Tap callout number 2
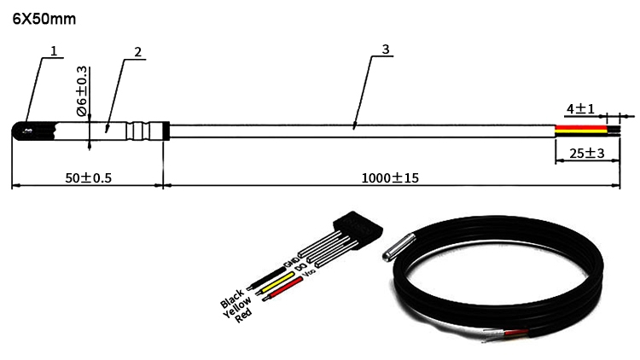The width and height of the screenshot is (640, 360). click(x=137, y=52)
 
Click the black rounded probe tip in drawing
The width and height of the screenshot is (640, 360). click(x=22, y=131)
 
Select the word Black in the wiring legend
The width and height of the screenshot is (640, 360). click(x=231, y=299)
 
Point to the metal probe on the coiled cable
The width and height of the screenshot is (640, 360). click(x=400, y=246)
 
